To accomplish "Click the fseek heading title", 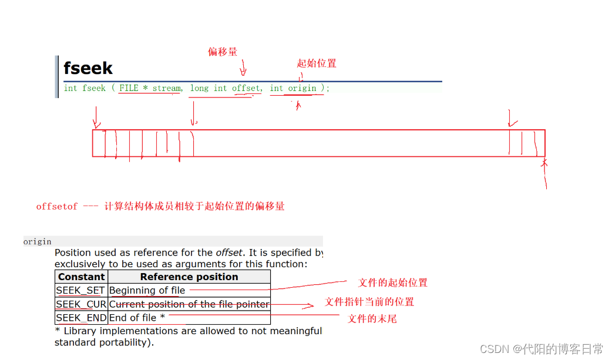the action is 88,68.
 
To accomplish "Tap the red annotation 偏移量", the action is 223,52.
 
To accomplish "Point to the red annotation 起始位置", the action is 317,63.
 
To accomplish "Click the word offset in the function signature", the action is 246,88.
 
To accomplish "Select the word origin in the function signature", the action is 302,88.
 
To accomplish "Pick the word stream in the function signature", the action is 167,88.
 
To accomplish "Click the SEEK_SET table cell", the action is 81,290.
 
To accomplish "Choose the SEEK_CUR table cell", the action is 81,304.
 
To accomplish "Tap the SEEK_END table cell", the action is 81,318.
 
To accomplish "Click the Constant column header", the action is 81,277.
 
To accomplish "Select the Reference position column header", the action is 189,277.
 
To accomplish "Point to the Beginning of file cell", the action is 147,290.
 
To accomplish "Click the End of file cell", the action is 137,318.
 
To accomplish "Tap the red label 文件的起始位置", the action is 393,282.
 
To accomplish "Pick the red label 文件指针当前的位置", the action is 369,302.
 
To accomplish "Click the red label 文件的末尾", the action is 372,319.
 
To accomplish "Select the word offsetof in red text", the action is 57,207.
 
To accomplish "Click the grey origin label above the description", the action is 38,241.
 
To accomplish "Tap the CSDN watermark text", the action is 541,349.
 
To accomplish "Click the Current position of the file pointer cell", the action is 189,304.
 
